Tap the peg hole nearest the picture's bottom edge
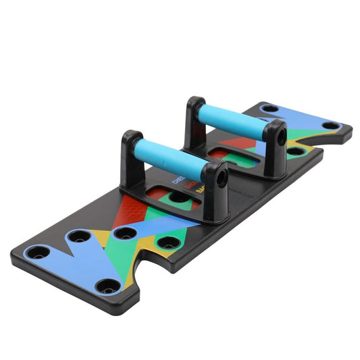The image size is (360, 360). (105, 285)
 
